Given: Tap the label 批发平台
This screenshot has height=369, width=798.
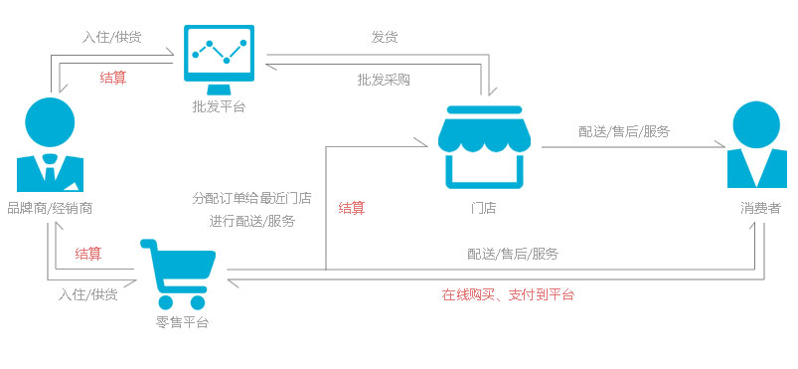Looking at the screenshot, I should click(x=219, y=105).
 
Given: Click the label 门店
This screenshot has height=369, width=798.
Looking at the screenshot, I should click(x=484, y=208).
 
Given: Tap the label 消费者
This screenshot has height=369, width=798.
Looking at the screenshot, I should click(x=760, y=208).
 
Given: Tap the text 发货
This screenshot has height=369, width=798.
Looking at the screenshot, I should click(x=385, y=37).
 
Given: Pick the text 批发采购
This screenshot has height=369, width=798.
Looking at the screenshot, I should click(x=384, y=79).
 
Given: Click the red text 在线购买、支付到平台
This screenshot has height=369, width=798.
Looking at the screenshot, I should click(x=508, y=294).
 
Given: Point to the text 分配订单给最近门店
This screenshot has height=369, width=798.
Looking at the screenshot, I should click(x=251, y=198).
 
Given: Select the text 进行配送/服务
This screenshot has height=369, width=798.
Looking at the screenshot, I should click(x=251, y=221).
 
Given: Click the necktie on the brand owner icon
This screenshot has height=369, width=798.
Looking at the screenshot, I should click(x=49, y=171).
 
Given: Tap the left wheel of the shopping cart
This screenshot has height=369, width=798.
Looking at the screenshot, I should click(x=166, y=302).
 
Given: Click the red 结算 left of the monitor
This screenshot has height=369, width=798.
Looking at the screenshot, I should click(x=113, y=77).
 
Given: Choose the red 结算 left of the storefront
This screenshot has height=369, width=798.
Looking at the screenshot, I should click(x=352, y=208).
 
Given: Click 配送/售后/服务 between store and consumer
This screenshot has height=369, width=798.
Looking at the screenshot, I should click(x=624, y=131).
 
